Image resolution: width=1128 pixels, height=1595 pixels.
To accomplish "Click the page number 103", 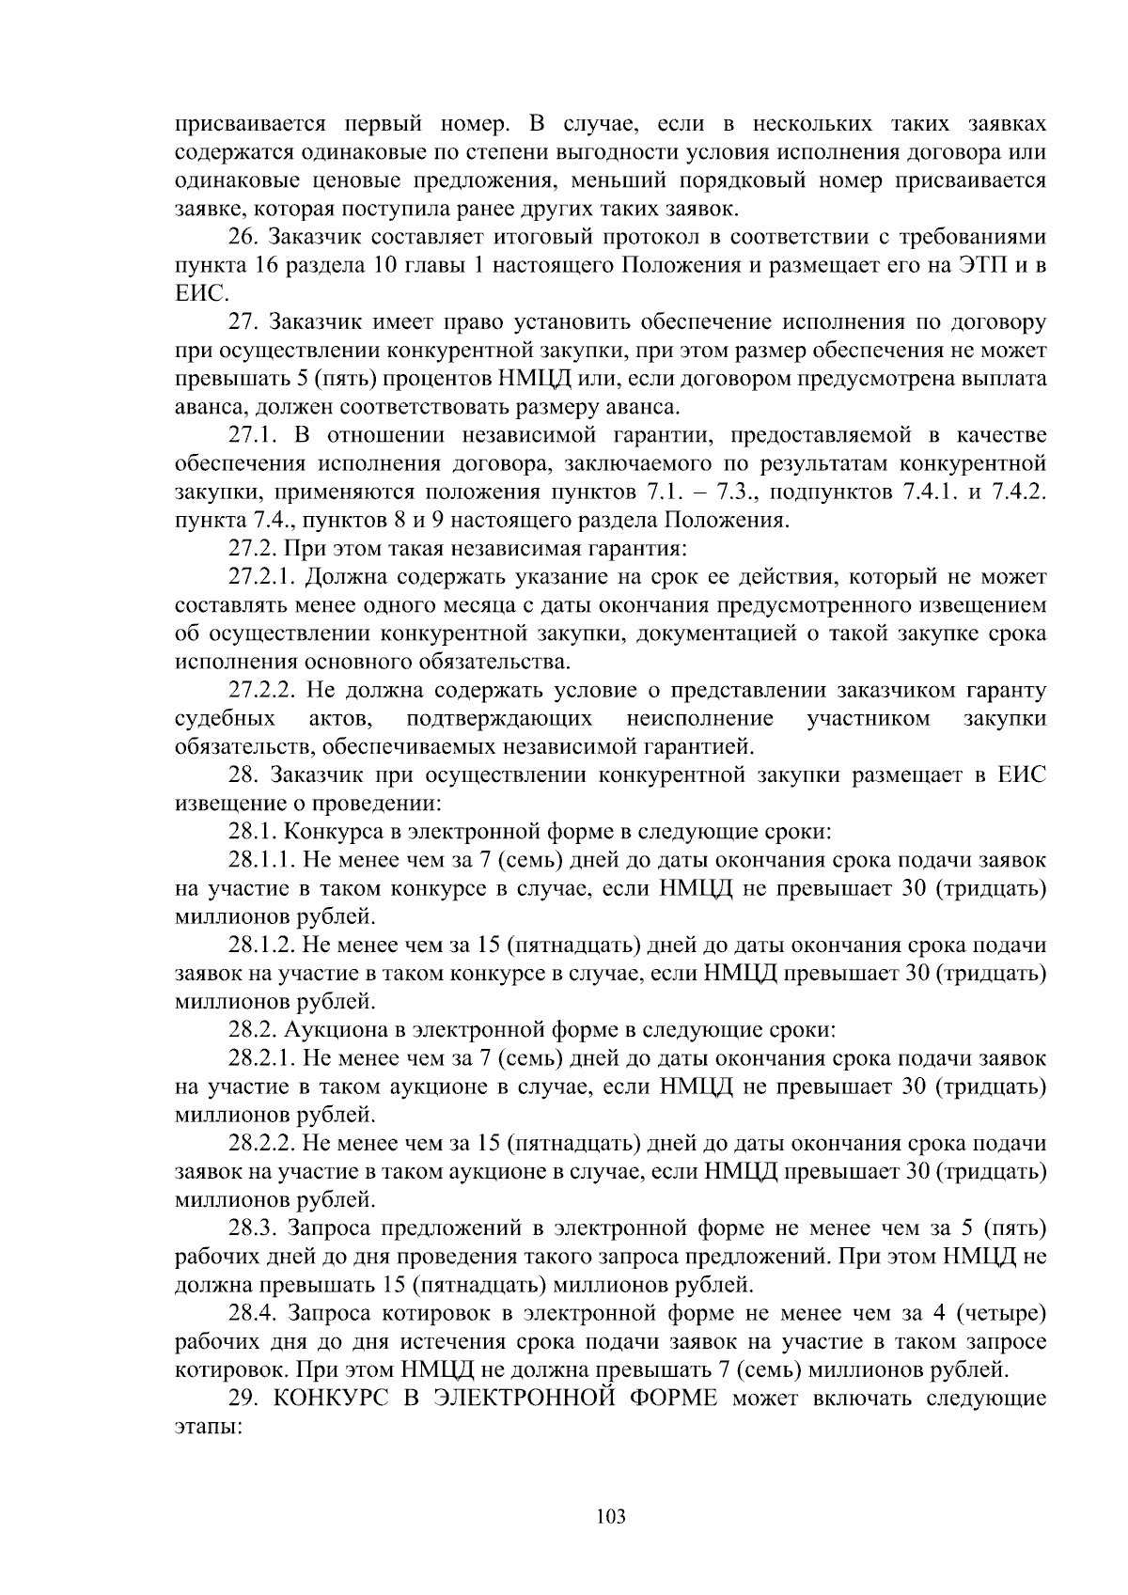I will [611, 1515].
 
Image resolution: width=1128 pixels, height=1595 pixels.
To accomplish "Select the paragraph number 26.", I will [245, 237].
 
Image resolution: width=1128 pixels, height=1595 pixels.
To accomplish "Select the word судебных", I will [226, 718].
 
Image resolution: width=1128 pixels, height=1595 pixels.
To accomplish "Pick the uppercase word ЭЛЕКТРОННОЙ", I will [531, 1398].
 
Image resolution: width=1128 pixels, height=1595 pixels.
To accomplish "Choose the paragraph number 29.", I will [244, 1398].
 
